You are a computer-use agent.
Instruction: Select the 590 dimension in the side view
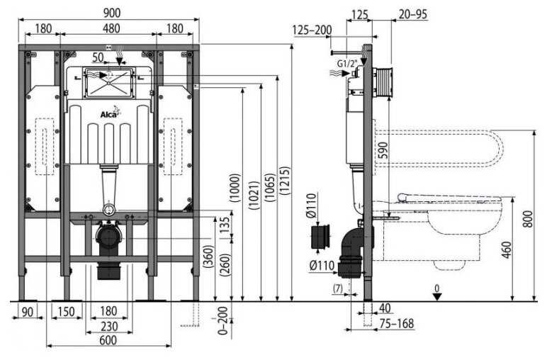(383, 149)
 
